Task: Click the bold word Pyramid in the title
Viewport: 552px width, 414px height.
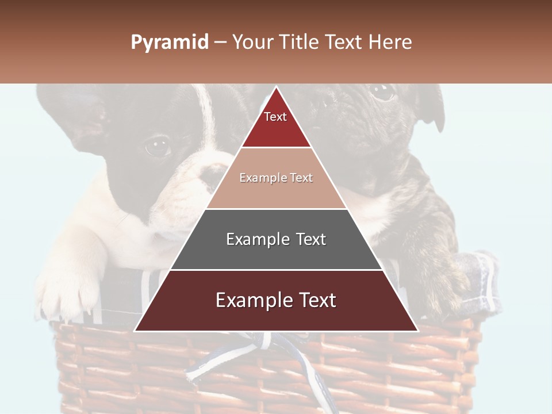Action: [169, 43]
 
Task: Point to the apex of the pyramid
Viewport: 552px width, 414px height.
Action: [276, 87]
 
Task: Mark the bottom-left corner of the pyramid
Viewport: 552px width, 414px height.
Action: [135, 331]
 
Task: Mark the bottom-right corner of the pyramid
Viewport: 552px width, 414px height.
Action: [417, 331]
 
